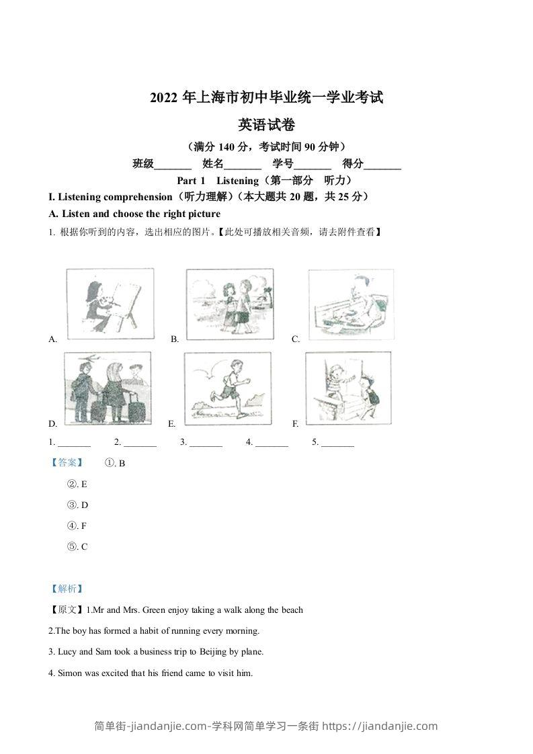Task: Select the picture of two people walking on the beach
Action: pos(230,304)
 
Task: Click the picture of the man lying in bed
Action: pos(350,304)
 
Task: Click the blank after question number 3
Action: pos(206,443)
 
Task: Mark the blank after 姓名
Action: pos(242,164)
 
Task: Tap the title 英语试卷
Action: pos(267,124)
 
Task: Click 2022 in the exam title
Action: pos(163,98)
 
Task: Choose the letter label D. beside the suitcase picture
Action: pos(53,424)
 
